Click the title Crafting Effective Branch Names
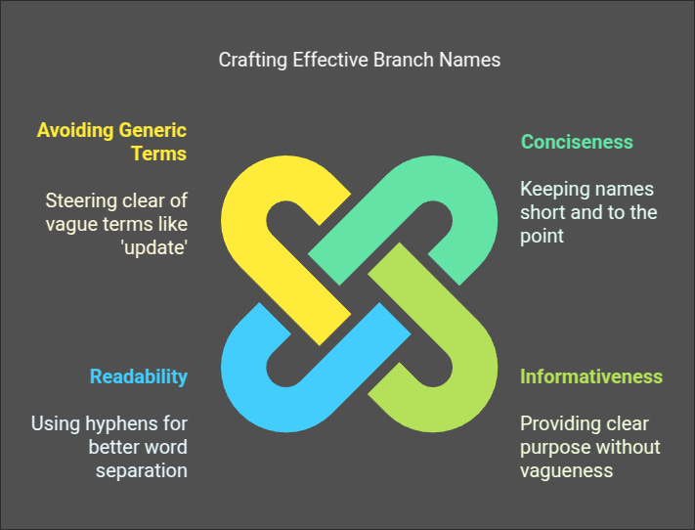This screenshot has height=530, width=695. pos(360,60)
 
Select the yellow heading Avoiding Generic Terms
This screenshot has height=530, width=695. pos(112,142)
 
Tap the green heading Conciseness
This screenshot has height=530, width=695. pos(577,142)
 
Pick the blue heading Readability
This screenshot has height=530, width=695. pos(139,376)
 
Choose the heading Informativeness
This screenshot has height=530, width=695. pos(591,376)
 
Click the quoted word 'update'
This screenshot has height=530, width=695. pos(154,247)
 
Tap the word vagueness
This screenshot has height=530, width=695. pos(567,470)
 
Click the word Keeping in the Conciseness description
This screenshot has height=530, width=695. pos(548,190)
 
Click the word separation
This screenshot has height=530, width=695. pos(142,470)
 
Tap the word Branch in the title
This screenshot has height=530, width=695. pos(404,60)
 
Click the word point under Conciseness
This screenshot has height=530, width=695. pos(542,237)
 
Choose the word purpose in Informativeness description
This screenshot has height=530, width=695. pos(553,448)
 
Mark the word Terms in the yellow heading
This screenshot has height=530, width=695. pos(159,154)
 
